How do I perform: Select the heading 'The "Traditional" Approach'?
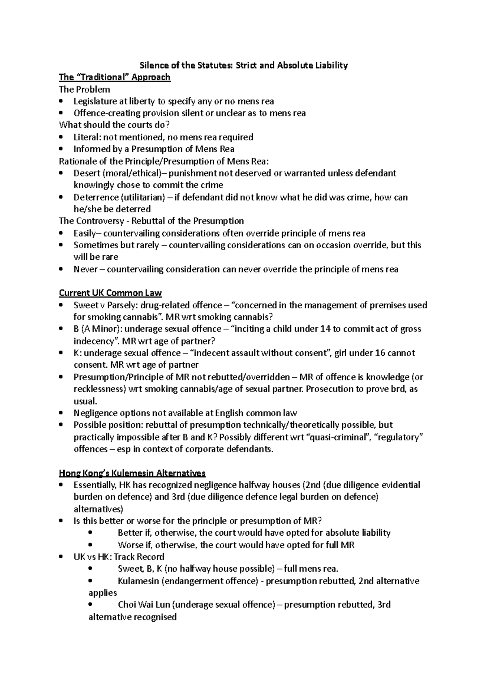tap(114, 77)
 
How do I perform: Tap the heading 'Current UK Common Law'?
tap(110, 293)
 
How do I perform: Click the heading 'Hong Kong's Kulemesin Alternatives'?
tap(132, 473)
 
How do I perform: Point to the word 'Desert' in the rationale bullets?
tap(86, 173)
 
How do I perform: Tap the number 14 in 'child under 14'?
tap(325, 329)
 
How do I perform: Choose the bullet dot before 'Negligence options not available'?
tap(61, 413)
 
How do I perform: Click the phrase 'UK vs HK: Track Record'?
tap(119, 557)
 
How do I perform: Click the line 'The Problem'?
tap(84, 89)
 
